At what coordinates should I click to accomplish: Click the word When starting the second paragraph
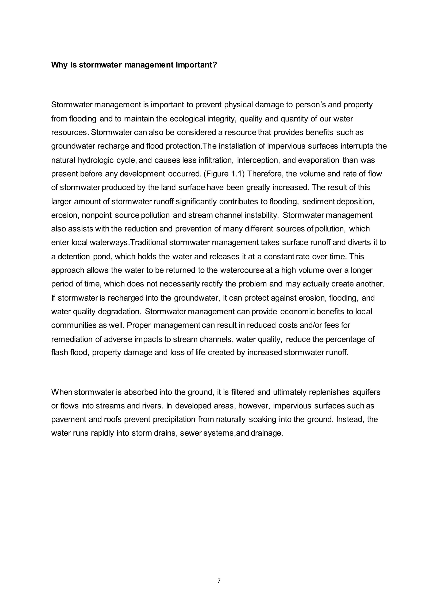tap(62, 392)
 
